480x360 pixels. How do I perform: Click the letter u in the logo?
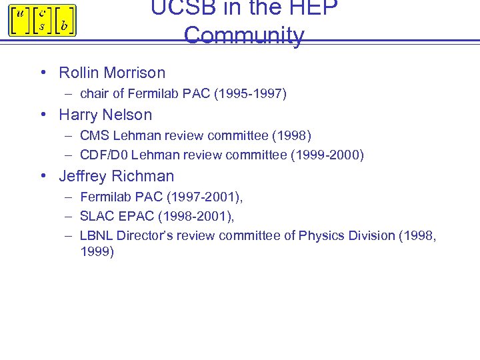(x=19, y=13)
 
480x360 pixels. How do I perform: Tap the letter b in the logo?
(x=63, y=26)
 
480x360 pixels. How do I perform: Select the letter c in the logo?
(x=41, y=13)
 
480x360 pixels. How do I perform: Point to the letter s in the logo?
(x=41, y=27)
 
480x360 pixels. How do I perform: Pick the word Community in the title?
(x=244, y=35)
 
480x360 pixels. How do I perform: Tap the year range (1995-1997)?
(x=250, y=94)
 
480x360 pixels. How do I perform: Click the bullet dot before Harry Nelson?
(x=43, y=115)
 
